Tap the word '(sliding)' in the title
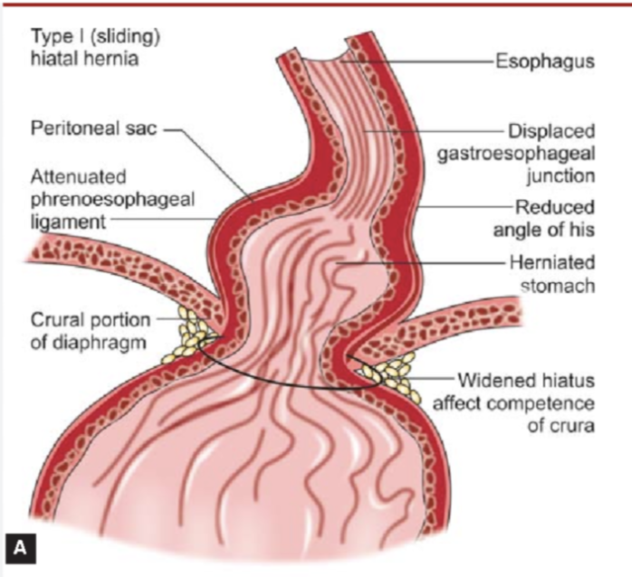pos(106,36)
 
